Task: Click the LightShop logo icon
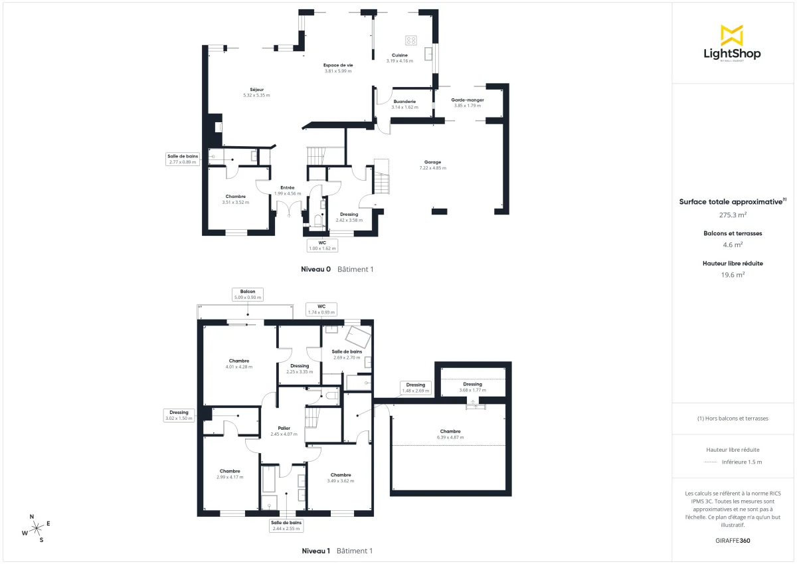point(732,35)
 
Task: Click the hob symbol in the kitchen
point(411,39)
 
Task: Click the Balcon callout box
point(248,294)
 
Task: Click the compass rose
point(37,527)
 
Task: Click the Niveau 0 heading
point(316,270)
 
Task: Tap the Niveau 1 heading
point(316,551)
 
